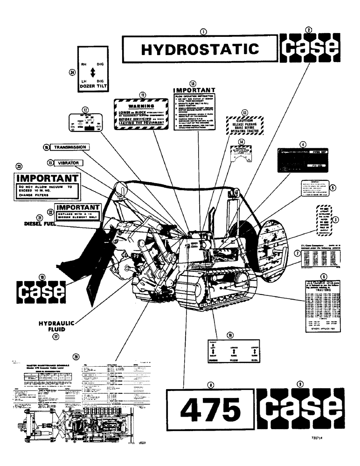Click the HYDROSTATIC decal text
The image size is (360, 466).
point(199,49)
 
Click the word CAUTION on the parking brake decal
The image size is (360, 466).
point(244,119)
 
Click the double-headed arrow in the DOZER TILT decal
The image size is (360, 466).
point(92,72)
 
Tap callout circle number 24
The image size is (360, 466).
point(72,72)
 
